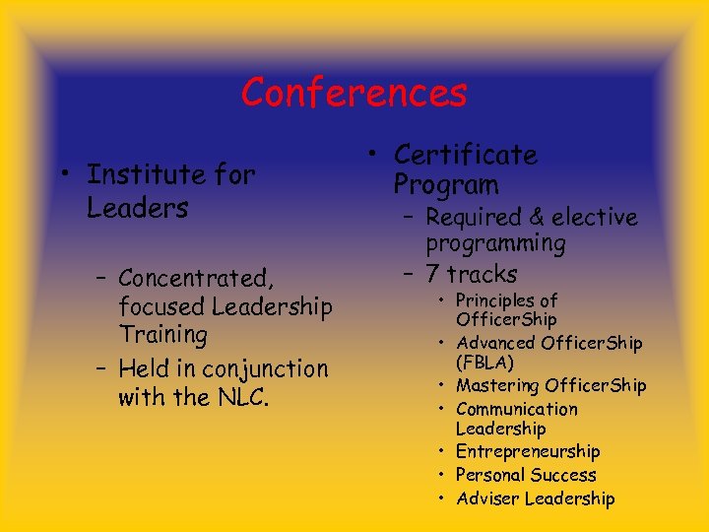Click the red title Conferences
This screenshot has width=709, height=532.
click(354, 93)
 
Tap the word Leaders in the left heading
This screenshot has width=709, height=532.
click(137, 209)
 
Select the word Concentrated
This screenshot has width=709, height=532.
click(195, 278)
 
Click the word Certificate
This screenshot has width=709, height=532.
click(465, 155)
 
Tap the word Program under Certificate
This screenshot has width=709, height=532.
click(446, 184)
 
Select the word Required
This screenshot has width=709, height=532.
click(474, 218)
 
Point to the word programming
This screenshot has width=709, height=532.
click(495, 243)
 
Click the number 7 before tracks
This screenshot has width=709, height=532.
click(433, 274)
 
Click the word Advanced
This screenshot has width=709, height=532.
click(497, 343)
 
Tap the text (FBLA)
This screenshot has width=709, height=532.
click(484, 363)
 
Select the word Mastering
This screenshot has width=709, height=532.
click(497, 385)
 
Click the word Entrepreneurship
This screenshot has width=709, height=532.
click(528, 452)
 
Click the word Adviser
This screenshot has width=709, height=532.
click(487, 499)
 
